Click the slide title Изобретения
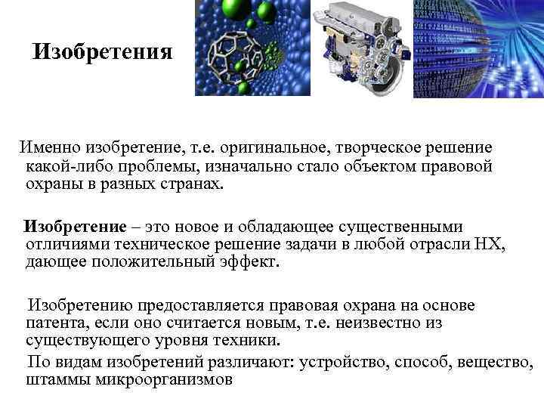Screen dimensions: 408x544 point(104,52)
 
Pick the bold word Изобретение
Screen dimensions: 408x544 point(75,227)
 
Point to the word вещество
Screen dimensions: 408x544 point(494,362)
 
